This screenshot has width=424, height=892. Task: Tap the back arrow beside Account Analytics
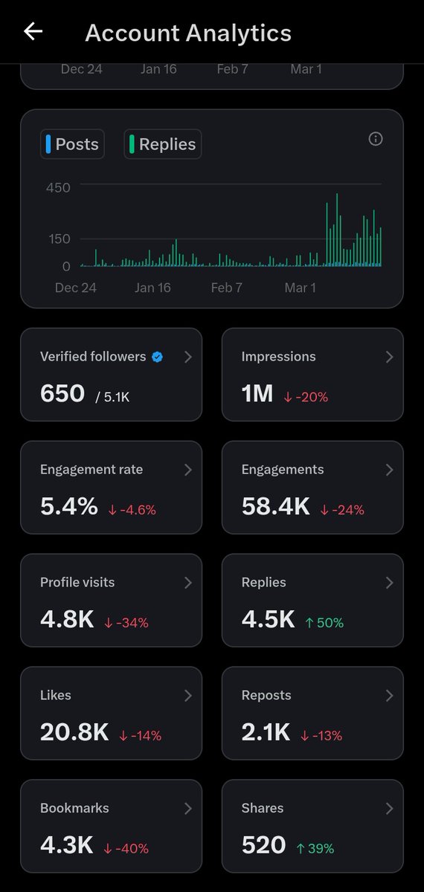pyautogui.click(x=33, y=31)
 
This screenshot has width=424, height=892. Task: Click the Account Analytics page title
pyautogui.click(x=188, y=33)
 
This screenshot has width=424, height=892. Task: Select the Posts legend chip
pyautogui.click(x=72, y=144)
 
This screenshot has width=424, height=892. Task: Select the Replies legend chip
pyautogui.click(x=162, y=144)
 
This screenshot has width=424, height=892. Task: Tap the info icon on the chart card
pyautogui.click(x=376, y=139)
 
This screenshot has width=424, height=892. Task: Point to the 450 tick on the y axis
pyautogui.click(x=58, y=188)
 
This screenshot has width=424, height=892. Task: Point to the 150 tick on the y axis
pyautogui.click(x=58, y=239)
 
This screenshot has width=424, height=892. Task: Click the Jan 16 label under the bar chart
pyautogui.click(x=152, y=288)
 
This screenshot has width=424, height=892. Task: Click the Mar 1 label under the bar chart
pyautogui.click(x=300, y=288)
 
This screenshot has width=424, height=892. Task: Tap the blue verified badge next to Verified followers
pyautogui.click(x=157, y=357)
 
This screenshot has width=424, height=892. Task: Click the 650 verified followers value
pyautogui.click(x=62, y=393)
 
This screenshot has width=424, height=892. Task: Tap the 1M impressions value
pyautogui.click(x=257, y=393)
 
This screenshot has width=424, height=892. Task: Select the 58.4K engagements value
pyautogui.click(x=275, y=506)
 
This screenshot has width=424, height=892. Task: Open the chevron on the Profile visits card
pyautogui.click(x=187, y=583)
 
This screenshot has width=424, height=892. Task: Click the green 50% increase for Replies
pyautogui.click(x=324, y=623)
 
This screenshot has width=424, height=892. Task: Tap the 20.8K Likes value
pyautogui.click(x=74, y=732)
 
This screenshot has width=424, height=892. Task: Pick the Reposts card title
pyautogui.click(x=266, y=696)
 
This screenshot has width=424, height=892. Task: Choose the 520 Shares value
pyautogui.click(x=263, y=845)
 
